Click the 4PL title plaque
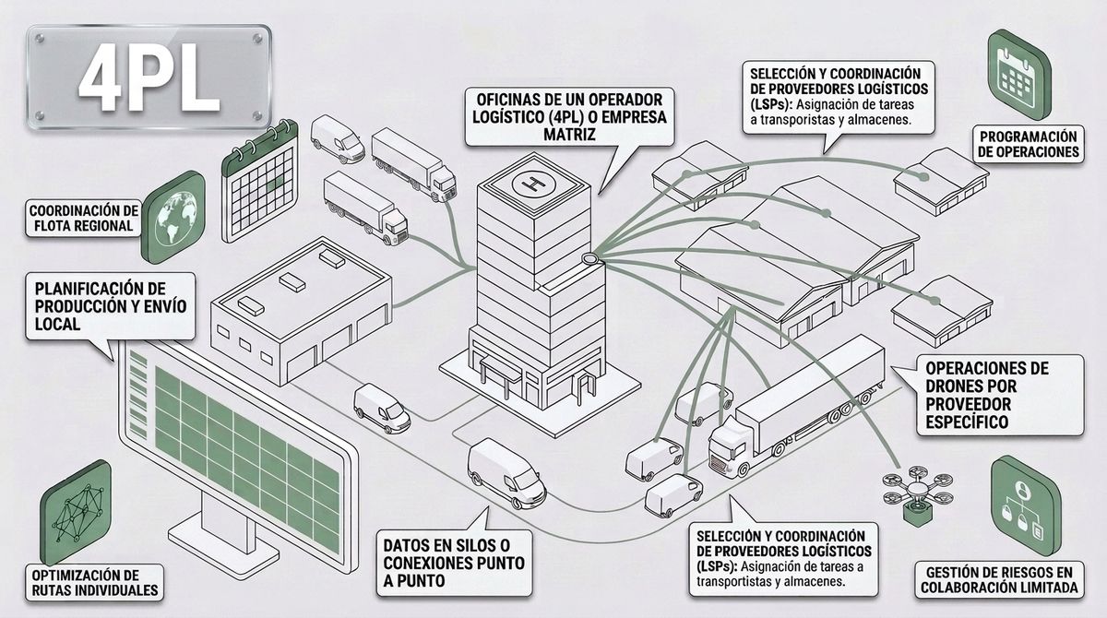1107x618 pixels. point(149,77)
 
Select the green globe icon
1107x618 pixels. point(173,217)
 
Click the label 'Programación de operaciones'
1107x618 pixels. point(1029,144)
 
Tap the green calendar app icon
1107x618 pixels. point(1019,74)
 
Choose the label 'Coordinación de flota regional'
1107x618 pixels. point(84,218)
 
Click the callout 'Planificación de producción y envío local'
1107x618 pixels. point(111,306)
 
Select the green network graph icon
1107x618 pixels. point(76,512)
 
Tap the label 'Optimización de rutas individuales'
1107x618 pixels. point(94,582)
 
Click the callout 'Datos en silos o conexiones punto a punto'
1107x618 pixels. point(454,564)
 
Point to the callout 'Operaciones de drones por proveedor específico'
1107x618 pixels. point(1000,395)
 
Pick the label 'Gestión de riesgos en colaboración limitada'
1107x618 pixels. point(999,580)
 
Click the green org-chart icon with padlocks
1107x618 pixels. point(1026,505)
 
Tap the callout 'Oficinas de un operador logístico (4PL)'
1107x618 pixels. point(570,117)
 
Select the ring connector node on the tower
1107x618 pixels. point(590,258)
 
